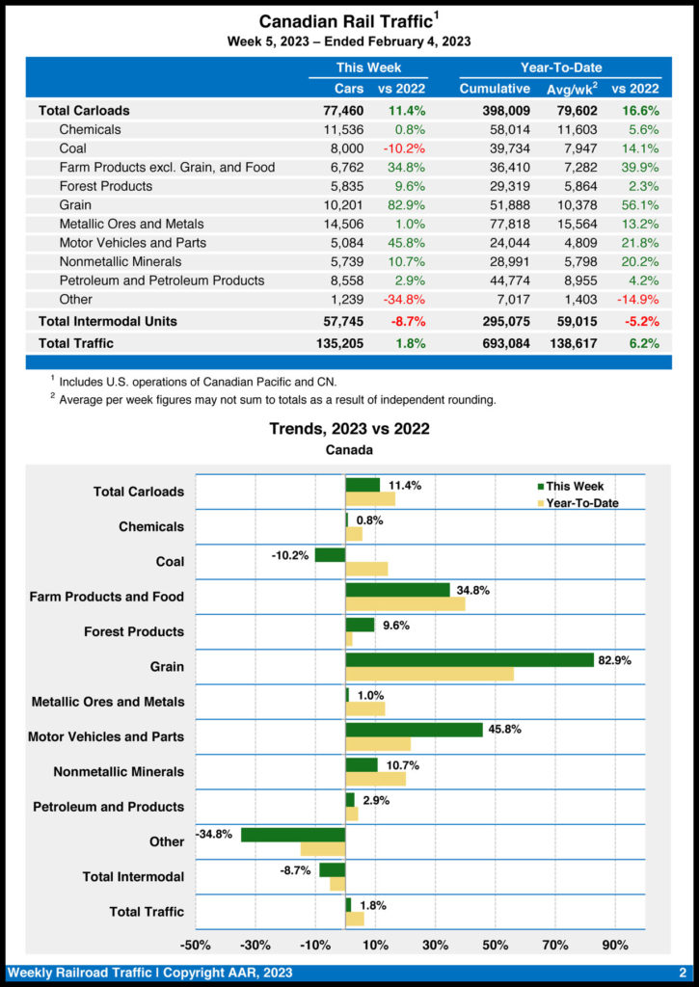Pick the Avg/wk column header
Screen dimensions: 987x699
pyautogui.click(x=575, y=90)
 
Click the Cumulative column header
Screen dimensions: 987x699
pyautogui.click(x=495, y=90)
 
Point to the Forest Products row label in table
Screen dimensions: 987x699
pyautogui.click(x=105, y=186)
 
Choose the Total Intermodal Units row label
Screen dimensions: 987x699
pyautogui.click(x=108, y=321)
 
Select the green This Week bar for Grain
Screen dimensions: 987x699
pyautogui.click(x=470, y=660)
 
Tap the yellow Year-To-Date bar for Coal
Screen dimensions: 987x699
pyautogui.click(x=366, y=569)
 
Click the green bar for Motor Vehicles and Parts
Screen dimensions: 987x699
pyautogui.click(x=414, y=730)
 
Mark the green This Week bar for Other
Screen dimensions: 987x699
pyautogui.click(x=293, y=835)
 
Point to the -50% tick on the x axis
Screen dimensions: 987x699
pyautogui.click(x=196, y=945)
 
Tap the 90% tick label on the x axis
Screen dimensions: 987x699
pyautogui.click(x=614, y=945)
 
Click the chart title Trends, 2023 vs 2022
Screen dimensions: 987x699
pyautogui.click(x=349, y=429)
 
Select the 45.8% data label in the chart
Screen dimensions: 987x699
pyautogui.click(x=504, y=730)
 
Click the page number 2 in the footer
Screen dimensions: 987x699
pyautogui.click(x=682, y=973)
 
